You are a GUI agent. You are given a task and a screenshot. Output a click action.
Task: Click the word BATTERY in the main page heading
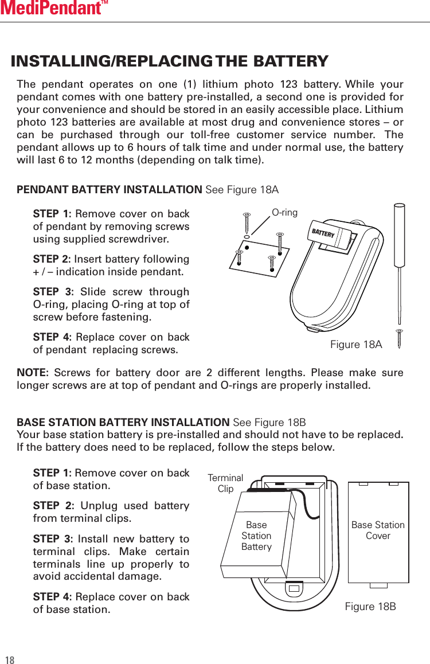tap(291, 61)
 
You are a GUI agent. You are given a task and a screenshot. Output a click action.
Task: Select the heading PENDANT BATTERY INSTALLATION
tap(109, 190)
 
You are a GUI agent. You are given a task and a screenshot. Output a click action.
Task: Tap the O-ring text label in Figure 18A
tap(284, 213)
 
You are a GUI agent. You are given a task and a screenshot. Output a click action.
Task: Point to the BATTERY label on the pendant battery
tap(323, 233)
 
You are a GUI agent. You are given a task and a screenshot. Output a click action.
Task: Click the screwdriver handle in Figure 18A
tap(400, 229)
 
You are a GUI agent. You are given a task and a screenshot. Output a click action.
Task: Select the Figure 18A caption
tap(356, 345)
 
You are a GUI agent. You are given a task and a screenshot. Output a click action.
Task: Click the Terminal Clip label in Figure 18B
tap(225, 483)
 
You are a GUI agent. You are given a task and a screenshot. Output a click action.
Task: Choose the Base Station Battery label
tap(256, 536)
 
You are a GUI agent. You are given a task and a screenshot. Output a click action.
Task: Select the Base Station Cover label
tap(378, 530)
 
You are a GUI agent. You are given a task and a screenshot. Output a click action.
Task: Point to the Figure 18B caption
tap(370, 607)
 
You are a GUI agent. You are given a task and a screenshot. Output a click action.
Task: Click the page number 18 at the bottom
tap(10, 659)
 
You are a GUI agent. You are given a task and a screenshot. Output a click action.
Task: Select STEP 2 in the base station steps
tap(52, 506)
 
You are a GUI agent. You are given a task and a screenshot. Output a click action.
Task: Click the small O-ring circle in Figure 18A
tap(247, 236)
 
